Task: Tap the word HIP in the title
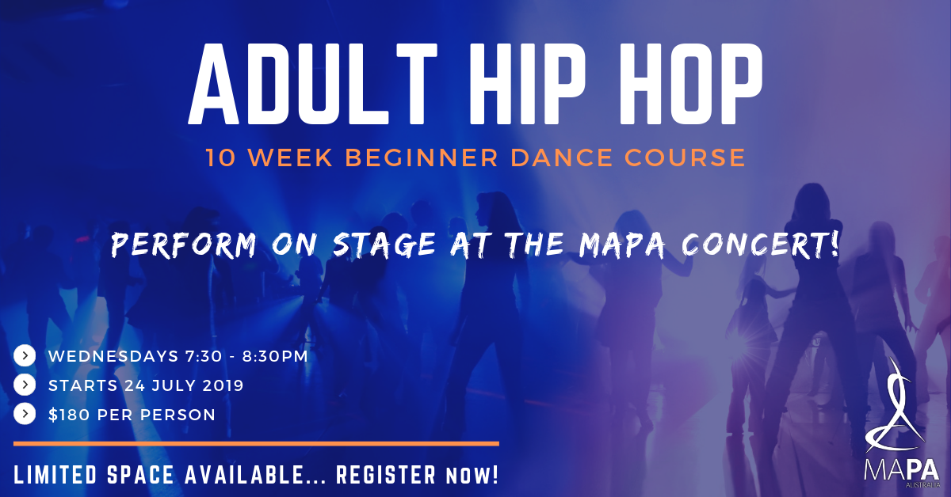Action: (527, 84)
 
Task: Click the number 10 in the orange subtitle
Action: (221, 157)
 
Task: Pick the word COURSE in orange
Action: (685, 157)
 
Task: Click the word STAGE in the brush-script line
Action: (384, 245)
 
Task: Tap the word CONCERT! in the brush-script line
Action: (760, 245)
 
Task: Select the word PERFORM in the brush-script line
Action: (184, 245)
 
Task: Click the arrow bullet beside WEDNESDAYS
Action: (25, 356)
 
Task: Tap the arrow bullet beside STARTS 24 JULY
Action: (25, 385)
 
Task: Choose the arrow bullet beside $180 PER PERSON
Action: (25, 414)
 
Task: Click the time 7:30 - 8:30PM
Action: (246, 356)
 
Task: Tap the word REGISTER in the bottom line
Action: (386, 475)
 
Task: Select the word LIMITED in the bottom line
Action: (55, 475)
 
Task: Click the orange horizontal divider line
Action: (256, 444)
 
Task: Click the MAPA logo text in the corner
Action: (902, 472)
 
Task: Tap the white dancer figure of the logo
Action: (895, 407)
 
